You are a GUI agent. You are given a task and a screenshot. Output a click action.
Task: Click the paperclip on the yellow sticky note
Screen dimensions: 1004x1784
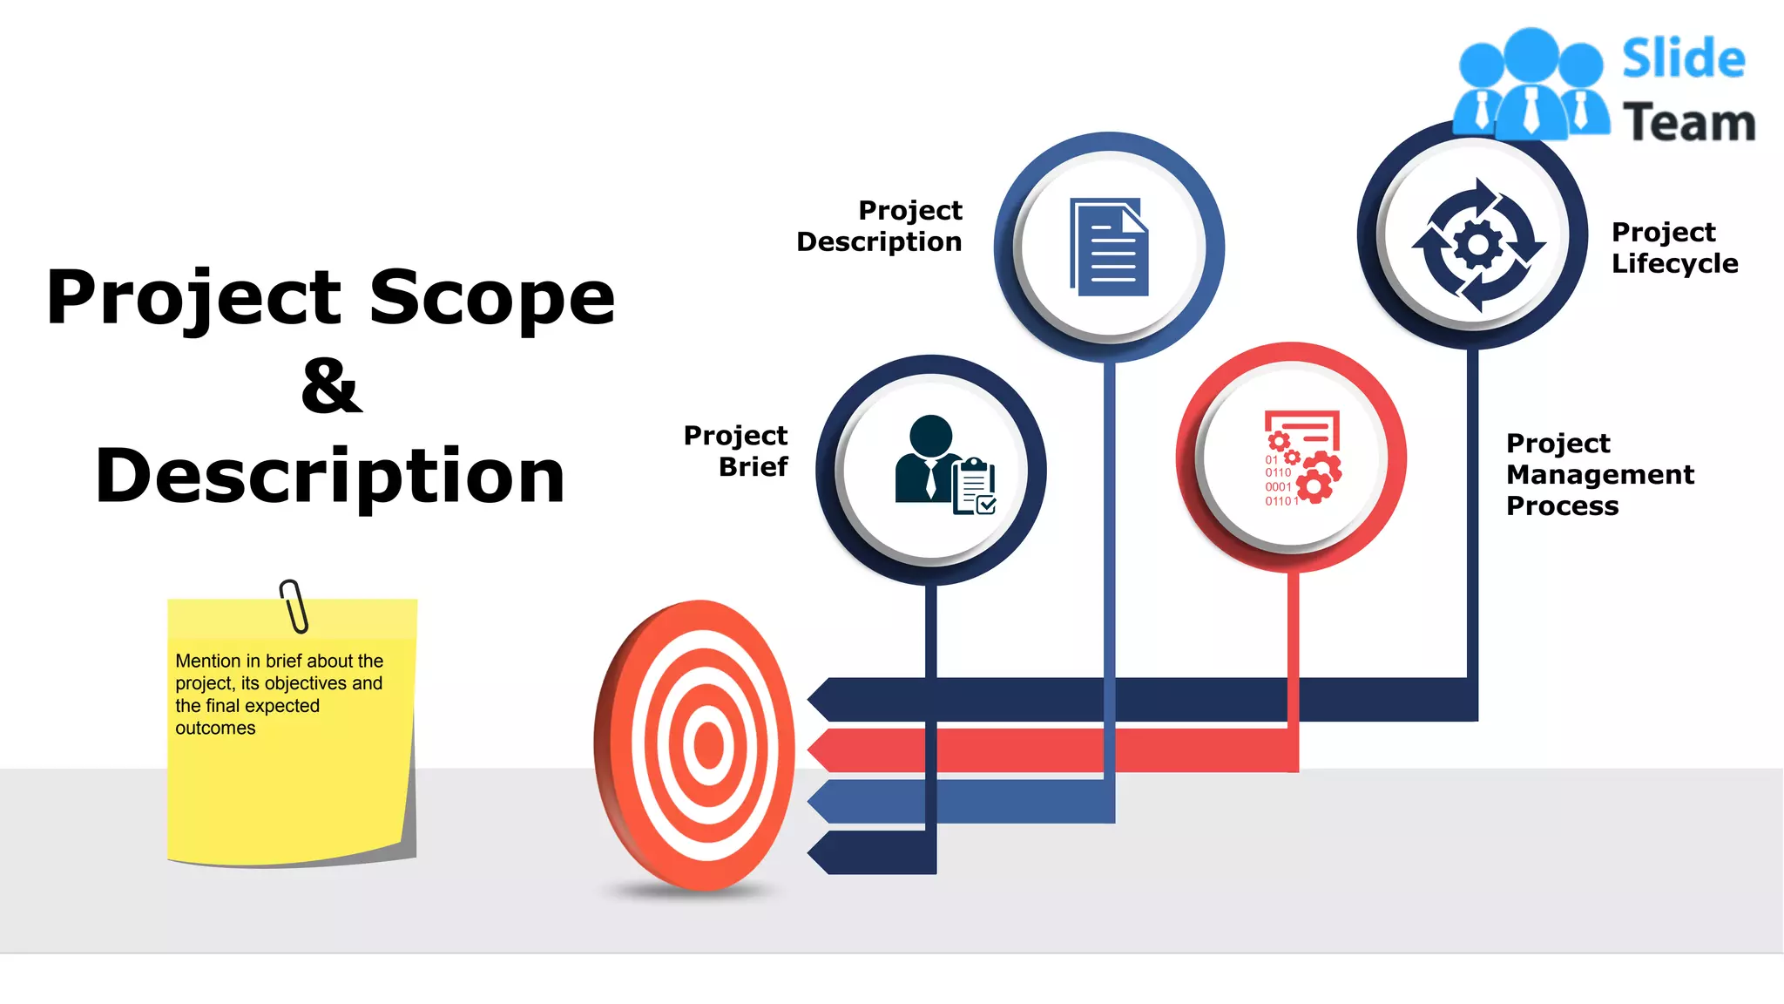294,605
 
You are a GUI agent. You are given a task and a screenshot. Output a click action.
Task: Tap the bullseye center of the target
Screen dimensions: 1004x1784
708,745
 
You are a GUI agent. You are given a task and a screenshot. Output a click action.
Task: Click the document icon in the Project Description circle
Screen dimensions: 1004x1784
1109,248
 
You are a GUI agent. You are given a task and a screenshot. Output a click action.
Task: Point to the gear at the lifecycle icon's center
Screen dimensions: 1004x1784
1477,245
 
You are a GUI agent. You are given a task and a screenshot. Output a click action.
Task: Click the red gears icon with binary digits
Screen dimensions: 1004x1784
1302,458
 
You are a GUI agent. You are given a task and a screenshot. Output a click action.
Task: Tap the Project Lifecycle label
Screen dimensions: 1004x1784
1673,248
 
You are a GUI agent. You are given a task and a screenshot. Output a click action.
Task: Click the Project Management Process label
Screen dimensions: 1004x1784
1599,474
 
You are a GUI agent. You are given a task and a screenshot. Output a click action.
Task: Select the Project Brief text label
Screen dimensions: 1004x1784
736,451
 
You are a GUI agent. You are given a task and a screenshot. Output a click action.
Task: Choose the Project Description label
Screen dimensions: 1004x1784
880,226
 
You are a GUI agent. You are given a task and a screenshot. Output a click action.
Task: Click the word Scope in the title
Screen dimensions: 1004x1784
492,297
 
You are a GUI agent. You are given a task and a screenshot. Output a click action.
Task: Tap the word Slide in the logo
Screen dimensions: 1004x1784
1683,59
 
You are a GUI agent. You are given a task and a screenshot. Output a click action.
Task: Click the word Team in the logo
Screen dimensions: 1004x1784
1688,122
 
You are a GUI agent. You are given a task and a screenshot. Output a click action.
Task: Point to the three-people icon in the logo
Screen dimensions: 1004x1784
1531,85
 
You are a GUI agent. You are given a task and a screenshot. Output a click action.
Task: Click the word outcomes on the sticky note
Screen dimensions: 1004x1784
215,728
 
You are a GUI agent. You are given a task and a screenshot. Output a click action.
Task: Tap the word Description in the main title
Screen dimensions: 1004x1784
330,476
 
